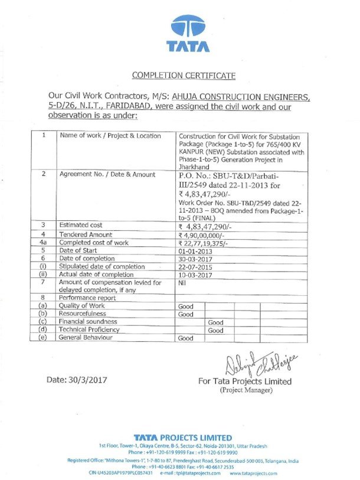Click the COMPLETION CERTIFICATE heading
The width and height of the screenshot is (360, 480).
(184, 76)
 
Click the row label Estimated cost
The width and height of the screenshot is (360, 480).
(80, 225)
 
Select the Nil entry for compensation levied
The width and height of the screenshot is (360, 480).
(182, 283)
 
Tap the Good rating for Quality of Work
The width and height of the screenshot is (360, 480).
(185, 306)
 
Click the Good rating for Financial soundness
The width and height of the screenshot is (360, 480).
(215, 322)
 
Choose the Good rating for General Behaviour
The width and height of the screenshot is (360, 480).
(185, 338)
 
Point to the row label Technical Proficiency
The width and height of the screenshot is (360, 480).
(89, 329)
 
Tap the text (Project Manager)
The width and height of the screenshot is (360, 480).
(246, 390)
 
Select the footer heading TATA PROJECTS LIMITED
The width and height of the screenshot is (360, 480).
(182, 437)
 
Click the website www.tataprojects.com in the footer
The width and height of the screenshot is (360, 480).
(253, 473)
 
